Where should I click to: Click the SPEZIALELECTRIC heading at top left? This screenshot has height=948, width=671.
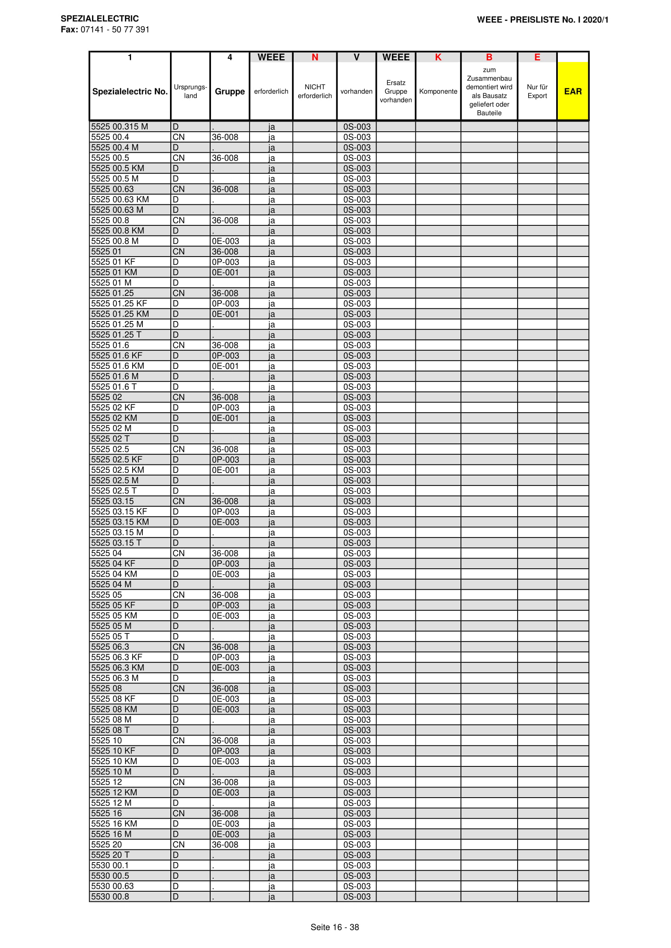99,19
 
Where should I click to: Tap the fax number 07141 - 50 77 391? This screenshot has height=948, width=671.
115,30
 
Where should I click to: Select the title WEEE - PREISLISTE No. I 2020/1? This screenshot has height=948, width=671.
542,20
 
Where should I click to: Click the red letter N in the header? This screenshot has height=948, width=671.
315,58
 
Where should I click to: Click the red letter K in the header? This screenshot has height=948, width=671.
438,58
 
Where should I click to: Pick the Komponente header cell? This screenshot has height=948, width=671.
438,91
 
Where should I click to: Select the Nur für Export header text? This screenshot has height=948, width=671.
537,91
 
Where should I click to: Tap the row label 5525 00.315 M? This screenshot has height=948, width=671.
119,127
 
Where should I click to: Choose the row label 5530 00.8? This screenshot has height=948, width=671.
110,897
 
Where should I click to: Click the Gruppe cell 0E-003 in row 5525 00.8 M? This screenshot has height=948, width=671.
225,241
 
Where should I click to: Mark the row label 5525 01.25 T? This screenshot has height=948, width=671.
116,335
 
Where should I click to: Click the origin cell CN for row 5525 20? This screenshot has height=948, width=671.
179,844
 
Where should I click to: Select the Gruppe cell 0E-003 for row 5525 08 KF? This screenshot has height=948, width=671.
225,699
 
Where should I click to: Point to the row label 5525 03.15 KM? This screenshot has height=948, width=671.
120,522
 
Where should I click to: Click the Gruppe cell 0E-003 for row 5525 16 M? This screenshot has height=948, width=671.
225,834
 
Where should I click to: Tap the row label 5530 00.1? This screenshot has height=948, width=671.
110,865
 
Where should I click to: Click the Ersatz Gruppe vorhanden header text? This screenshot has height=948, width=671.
396,91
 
